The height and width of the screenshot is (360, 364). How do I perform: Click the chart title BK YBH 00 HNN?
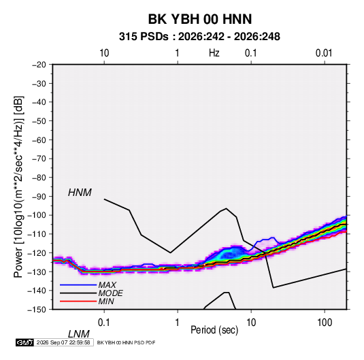200,19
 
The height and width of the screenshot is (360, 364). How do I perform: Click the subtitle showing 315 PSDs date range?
199,37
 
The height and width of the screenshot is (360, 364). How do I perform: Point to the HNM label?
80,193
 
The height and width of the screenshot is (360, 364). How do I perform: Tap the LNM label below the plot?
78,334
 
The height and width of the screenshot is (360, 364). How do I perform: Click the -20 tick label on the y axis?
39,65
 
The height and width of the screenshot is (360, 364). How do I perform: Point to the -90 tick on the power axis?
39,196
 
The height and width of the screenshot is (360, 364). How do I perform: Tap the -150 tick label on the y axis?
37,310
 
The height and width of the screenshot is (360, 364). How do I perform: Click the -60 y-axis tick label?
39,140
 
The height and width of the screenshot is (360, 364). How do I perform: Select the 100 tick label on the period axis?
324,323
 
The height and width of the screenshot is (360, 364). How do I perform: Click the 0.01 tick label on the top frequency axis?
324,53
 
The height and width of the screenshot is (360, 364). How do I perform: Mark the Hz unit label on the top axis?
214,53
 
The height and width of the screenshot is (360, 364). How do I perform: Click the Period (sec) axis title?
214,330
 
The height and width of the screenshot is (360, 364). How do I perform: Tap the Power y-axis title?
18,186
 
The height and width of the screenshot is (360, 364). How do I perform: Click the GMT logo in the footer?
24,342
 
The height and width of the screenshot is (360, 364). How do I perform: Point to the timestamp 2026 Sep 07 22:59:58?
63,342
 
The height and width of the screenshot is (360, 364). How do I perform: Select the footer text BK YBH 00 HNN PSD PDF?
126,342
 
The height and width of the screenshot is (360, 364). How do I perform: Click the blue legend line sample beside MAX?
78,284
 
